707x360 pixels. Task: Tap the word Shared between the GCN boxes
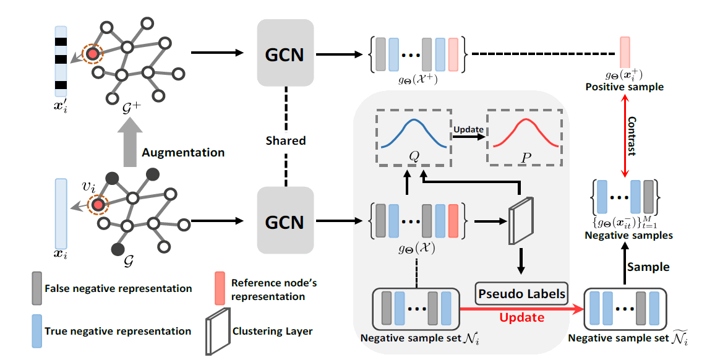285,140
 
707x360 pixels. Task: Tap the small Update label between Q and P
468,130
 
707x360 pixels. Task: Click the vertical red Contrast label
631,135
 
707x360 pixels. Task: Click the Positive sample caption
625,87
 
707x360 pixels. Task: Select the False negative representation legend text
118,288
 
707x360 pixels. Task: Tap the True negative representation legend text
118,332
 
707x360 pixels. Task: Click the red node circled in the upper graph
93,54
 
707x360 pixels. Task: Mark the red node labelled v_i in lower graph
97,204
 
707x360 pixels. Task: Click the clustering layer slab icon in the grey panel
520,220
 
